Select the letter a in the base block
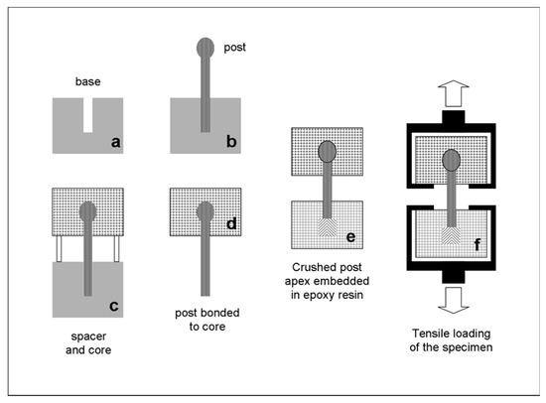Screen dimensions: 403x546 [116, 145]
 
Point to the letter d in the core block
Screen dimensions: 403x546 [231, 223]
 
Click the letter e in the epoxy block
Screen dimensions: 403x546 [350, 238]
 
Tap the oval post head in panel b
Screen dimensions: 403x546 [205, 49]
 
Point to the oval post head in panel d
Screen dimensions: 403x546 [205, 211]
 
